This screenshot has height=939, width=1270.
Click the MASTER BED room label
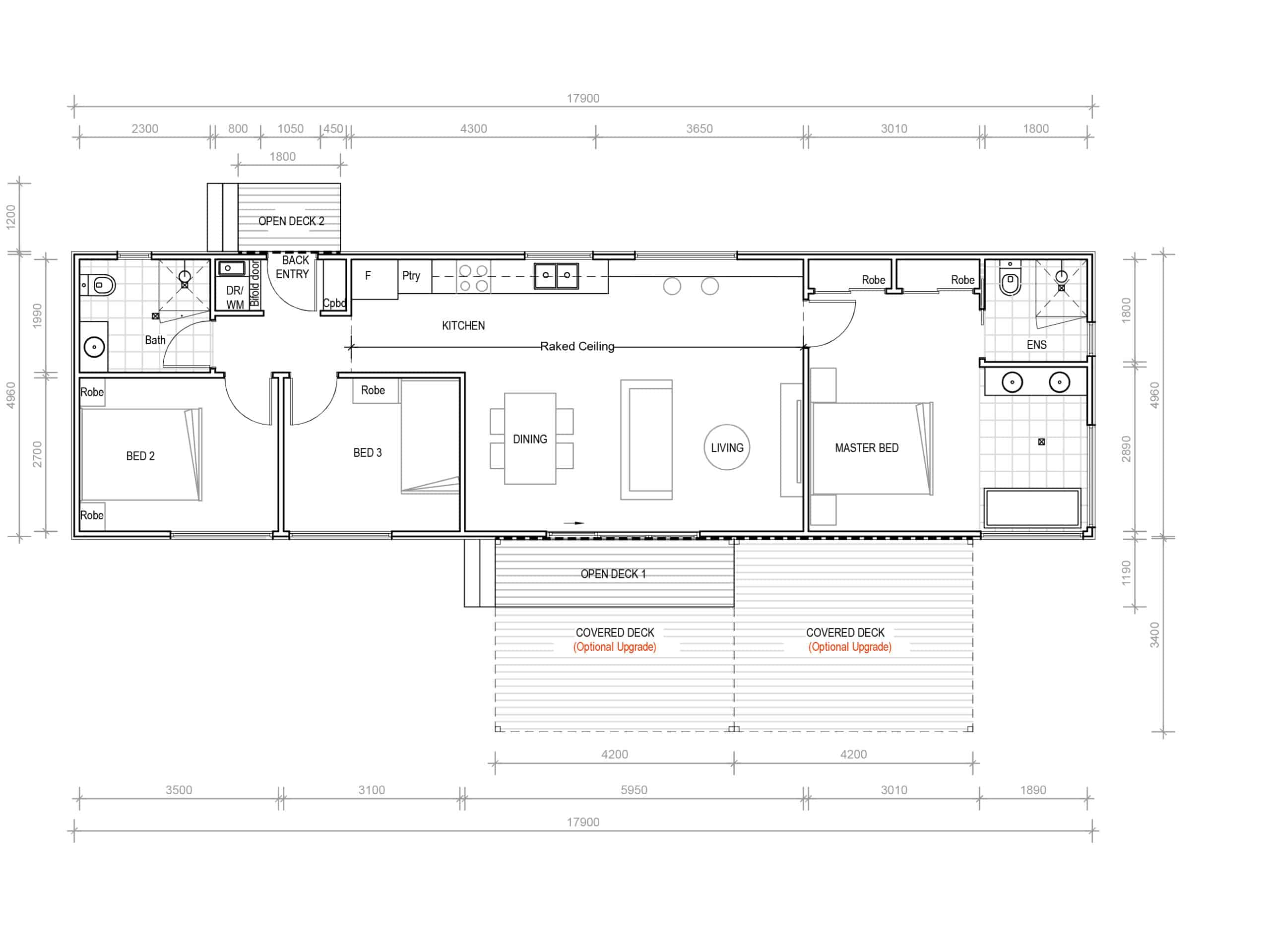(866, 448)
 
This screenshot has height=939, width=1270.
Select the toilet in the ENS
(1010, 280)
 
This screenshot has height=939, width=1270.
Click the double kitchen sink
(556, 276)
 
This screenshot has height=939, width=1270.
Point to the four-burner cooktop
(474, 278)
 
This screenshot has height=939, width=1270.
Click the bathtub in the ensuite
(1032, 507)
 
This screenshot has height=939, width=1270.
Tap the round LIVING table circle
(727, 447)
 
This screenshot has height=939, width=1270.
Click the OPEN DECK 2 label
(291, 221)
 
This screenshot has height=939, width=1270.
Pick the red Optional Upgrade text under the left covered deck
(615, 647)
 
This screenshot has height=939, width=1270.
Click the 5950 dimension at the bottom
(634, 790)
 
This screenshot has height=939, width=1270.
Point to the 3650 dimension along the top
(699, 128)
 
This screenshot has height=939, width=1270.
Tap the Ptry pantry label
(411, 276)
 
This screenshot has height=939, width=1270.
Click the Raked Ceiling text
(577, 346)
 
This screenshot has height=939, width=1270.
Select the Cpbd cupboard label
(334, 303)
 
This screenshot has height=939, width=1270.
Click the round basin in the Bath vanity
(94, 346)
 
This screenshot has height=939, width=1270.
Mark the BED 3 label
(367, 452)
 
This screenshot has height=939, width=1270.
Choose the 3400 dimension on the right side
(1154, 634)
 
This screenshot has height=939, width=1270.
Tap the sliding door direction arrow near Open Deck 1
(574, 523)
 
